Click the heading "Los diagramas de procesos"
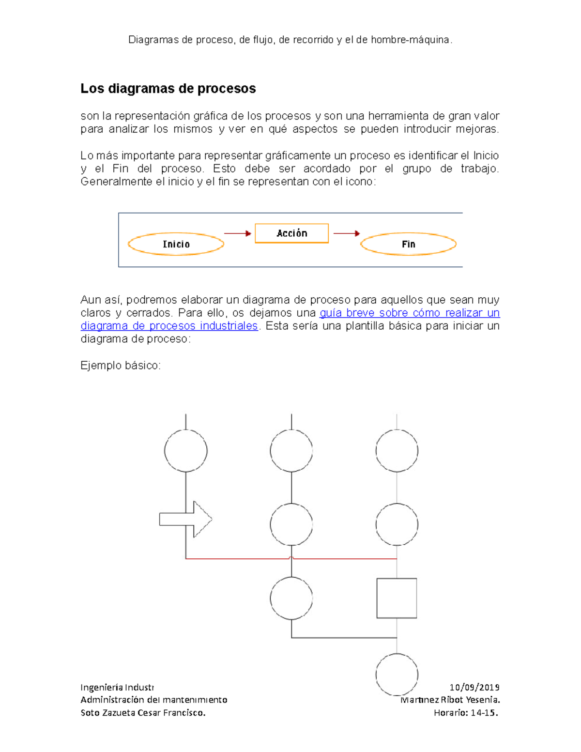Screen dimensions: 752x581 168,89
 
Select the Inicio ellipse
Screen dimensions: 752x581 176,244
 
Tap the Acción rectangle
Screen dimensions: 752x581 291,233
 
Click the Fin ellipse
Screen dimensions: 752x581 408,244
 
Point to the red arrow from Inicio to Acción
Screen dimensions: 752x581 237,233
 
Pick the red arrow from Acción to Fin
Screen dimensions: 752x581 347,233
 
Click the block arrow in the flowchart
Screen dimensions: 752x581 185,519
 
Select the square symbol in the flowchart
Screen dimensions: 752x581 397,598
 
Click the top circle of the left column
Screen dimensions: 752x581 186,450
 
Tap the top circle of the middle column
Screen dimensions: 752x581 291,450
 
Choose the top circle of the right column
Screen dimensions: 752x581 397,450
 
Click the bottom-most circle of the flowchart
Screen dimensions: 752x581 397,674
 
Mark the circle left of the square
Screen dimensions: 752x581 291,598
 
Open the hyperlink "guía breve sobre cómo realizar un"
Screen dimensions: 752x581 410,313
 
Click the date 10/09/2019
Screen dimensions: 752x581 474,687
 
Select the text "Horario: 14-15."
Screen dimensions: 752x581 466,712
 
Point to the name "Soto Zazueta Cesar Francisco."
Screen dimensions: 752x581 143,712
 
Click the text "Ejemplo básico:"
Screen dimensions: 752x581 121,366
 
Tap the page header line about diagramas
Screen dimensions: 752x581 290,40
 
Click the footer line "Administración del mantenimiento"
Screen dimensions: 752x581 153,700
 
